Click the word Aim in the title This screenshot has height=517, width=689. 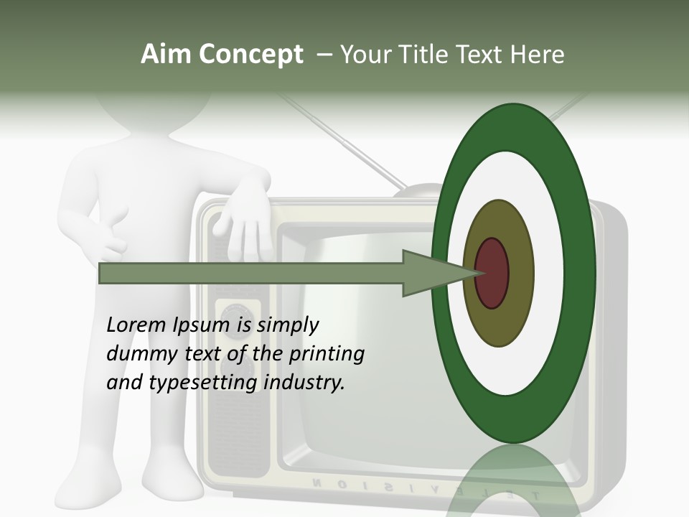click(165, 55)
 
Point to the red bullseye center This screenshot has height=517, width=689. click(492, 274)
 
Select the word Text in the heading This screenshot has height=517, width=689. click(482, 55)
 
